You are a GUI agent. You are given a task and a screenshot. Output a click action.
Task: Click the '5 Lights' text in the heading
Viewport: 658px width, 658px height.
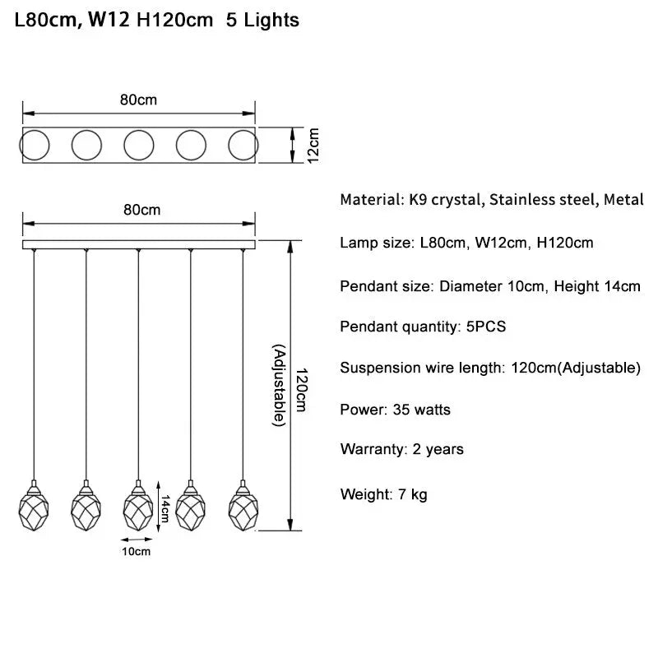pyautogui.click(x=262, y=21)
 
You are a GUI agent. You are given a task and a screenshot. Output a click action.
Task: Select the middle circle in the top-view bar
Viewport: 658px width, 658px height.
pyautogui.click(x=139, y=145)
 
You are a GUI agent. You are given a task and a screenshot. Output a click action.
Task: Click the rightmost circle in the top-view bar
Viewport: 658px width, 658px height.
pyautogui.click(x=243, y=145)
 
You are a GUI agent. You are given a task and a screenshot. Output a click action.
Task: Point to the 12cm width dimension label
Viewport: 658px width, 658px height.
pyautogui.click(x=313, y=145)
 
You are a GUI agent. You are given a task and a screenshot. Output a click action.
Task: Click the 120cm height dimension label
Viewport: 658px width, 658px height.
pyautogui.click(x=302, y=389)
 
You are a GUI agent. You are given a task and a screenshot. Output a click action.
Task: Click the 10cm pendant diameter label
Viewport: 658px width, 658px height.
pyautogui.click(x=137, y=552)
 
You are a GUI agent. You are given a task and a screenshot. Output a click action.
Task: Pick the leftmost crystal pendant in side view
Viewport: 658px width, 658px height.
pyautogui.click(x=33, y=507)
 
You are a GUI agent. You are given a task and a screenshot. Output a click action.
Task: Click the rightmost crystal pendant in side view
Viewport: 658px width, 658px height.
pyautogui.click(x=243, y=507)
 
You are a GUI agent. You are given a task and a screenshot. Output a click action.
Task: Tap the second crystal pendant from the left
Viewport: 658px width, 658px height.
pyautogui.click(x=86, y=507)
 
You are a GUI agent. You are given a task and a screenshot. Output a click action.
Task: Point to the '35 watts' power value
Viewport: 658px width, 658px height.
pyautogui.click(x=423, y=409)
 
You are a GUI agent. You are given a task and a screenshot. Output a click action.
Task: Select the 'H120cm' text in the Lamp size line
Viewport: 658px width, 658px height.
pyautogui.click(x=565, y=243)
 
